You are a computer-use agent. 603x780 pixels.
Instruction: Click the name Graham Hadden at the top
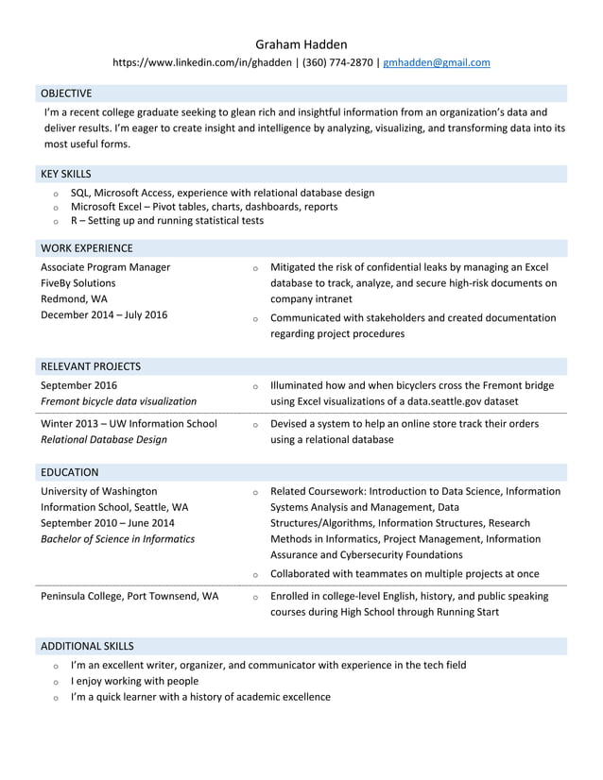tap(301, 43)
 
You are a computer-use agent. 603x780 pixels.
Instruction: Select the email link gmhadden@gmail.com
tap(436, 63)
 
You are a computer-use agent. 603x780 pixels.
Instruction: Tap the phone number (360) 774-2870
tap(337, 63)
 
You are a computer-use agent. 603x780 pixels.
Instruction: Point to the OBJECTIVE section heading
tap(66, 93)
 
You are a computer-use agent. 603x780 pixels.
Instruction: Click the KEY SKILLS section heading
tap(66, 174)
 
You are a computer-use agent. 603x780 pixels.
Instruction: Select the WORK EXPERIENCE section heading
tap(87, 248)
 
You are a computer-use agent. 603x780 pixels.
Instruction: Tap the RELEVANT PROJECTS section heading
tap(91, 365)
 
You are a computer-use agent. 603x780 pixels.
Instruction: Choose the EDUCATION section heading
tap(70, 472)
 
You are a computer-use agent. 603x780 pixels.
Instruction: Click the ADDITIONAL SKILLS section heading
tap(87, 646)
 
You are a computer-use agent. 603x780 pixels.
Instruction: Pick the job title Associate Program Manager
tap(106, 267)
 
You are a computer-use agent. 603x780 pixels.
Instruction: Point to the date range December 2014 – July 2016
tap(104, 315)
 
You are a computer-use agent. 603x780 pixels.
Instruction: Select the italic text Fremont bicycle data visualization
tap(119, 401)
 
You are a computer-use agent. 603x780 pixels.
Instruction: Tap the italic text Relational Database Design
tap(104, 439)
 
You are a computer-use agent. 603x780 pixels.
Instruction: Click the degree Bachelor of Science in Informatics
tap(118, 539)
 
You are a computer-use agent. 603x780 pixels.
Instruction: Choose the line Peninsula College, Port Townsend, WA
tap(129, 596)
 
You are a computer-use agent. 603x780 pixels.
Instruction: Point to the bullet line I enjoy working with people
tap(134, 681)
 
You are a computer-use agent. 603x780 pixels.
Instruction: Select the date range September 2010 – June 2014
tap(108, 523)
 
